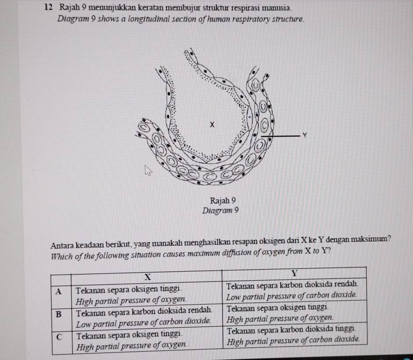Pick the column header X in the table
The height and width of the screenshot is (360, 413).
coord(147,276)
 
